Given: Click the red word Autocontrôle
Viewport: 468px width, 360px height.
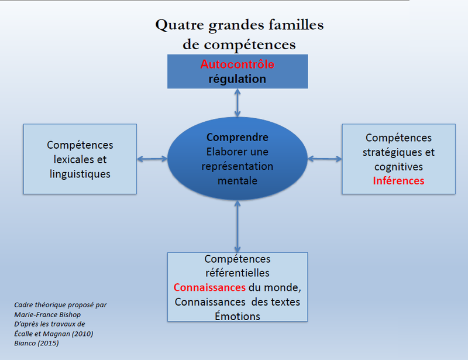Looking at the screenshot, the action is pos(238,64).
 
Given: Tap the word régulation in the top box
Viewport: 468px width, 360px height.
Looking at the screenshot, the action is pos(238,79).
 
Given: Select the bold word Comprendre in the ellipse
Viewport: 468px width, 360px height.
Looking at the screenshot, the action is pos(238,138).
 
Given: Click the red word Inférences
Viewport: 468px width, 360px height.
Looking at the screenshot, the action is pos(398,181).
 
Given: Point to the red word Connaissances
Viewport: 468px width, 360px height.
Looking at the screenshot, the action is pos(209,287).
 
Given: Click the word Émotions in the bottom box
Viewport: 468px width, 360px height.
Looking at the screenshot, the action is pos(238,316).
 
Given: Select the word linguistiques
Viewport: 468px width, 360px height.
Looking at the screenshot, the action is pos(80,174).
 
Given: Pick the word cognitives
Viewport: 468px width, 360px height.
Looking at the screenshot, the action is pos(398,167).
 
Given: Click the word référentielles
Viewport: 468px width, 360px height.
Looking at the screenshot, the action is pos(238,273).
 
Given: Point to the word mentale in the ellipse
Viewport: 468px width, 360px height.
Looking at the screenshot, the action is pos(238,181).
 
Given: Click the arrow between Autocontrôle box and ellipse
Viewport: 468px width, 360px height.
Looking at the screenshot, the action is pos(238,103).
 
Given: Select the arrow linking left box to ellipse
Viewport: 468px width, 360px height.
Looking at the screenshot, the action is pos(152,159).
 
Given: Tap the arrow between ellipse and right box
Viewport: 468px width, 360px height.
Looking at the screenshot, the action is pos(325,159).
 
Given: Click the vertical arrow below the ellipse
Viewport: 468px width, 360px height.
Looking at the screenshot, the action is pos(238,227).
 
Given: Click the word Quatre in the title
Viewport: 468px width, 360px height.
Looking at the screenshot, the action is pos(180,25).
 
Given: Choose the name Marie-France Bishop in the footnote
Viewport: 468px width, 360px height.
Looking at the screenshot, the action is pos(47,314).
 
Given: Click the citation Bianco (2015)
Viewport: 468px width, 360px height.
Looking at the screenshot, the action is pos(36,343).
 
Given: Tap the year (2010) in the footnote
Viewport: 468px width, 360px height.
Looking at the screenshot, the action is pos(82,334).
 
